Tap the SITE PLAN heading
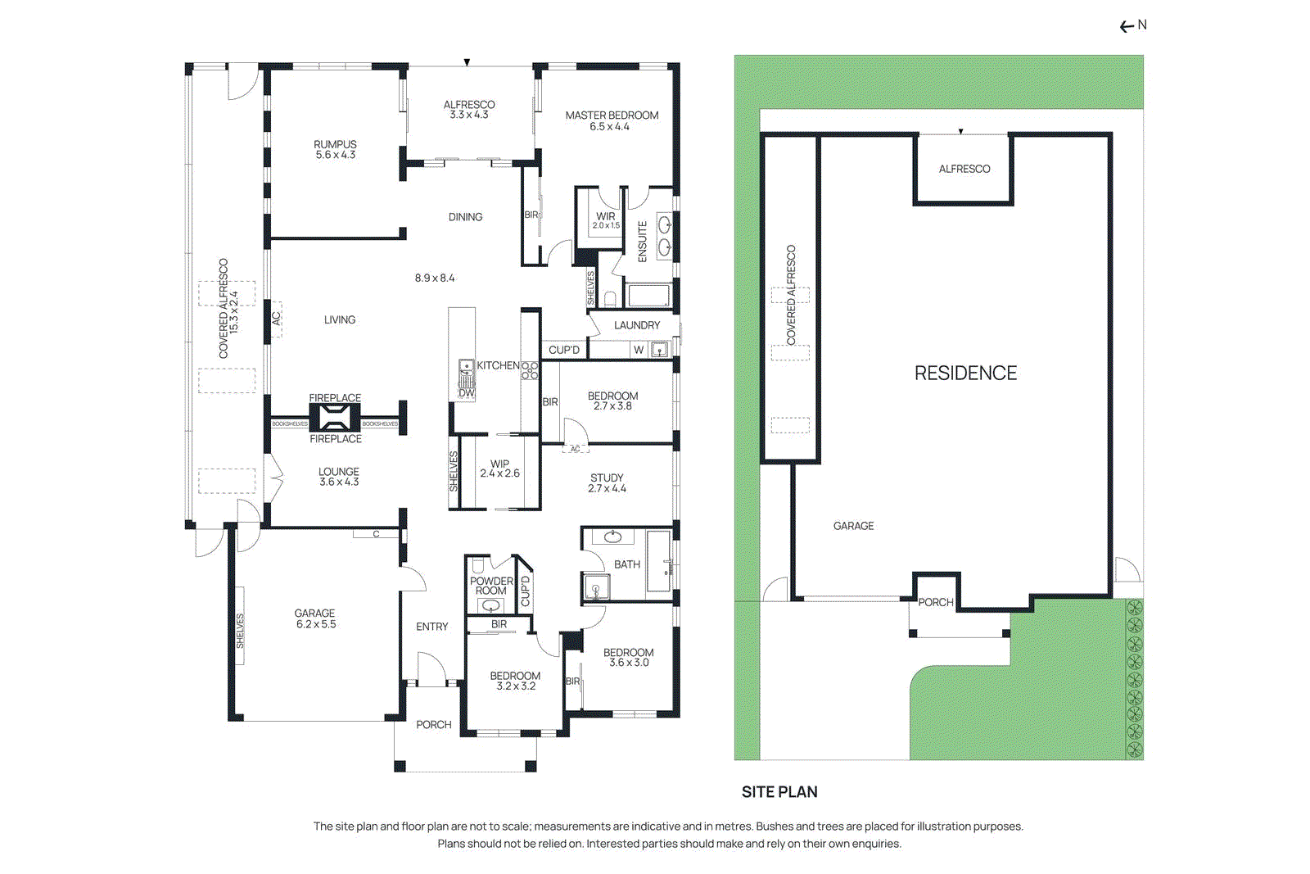coord(779,791)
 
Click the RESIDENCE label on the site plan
coord(964,374)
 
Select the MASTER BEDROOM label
coord(612,115)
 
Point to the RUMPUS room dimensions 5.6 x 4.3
coord(336,155)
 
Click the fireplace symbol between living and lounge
coord(334,419)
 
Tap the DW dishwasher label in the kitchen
coord(467,393)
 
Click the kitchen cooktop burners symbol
coord(530,370)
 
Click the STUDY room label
coord(607,478)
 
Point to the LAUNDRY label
coord(636,325)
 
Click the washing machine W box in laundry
coord(639,350)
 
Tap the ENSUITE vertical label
coord(643,242)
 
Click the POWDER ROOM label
coord(491,586)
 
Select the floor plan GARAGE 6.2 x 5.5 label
coord(315,618)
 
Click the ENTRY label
coord(431,627)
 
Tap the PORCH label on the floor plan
coord(433,725)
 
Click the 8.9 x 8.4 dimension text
coord(435,278)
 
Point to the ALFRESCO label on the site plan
coord(964,169)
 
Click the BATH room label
coord(626,564)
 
